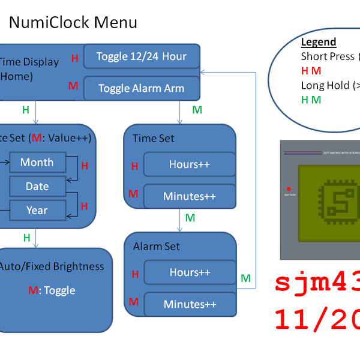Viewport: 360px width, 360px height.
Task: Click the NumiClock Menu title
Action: [73, 23]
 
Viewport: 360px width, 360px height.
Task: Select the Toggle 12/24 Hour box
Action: [141, 56]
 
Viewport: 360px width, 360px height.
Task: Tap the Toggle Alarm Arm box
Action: [141, 88]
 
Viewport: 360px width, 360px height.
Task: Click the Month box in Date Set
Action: [37, 162]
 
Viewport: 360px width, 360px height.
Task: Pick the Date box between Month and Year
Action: [37, 186]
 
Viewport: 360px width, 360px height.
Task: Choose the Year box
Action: [37, 210]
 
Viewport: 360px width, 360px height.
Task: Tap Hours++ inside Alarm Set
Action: [190, 272]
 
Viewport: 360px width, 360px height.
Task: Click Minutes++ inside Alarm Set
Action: [190, 304]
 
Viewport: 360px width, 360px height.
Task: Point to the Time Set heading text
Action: [154, 139]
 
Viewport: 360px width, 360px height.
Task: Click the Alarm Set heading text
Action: [157, 247]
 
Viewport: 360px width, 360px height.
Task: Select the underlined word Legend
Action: [318, 42]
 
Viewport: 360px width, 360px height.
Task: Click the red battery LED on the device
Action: [289, 188]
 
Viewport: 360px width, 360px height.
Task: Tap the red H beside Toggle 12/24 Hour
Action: [75, 58]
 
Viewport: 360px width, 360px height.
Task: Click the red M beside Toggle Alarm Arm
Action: [73, 86]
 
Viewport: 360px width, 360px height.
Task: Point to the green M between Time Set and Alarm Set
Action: [190, 218]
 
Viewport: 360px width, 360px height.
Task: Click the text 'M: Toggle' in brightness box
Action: [52, 290]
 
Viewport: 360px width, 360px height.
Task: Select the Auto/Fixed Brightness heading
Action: [52, 266]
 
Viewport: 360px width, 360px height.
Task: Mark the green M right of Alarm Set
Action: [245, 278]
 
